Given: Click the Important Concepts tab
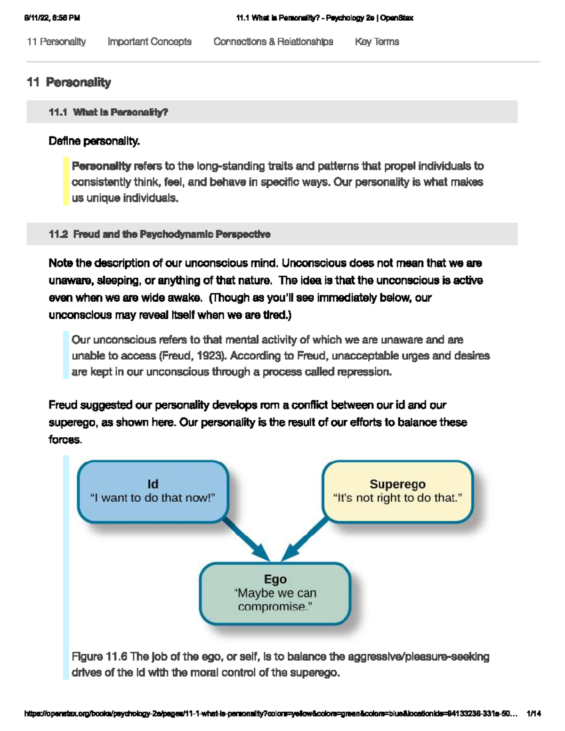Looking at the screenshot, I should point(149,42).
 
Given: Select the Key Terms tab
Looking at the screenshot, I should point(377,42).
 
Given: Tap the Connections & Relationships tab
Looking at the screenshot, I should point(273,42).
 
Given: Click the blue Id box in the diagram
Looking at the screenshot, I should point(153,491).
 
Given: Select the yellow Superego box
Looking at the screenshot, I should point(397,491).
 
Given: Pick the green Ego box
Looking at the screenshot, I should point(275,593).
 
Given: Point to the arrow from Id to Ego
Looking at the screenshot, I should point(246,539).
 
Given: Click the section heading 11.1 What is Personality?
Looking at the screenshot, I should point(108,112).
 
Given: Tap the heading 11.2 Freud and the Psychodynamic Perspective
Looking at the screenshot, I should point(160,234).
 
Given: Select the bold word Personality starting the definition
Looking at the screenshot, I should point(101,166).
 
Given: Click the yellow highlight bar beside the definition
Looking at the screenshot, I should point(66,182).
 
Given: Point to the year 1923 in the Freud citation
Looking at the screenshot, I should point(210,356).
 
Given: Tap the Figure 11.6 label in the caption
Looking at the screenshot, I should point(99,657).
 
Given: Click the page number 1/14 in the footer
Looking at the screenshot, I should point(534,714).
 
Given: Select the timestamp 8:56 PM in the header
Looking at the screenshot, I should point(66,18).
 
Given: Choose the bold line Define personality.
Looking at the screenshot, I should point(94,141).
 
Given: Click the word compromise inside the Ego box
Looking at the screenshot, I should point(274,607).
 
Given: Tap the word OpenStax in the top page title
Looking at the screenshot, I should point(396,18).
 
